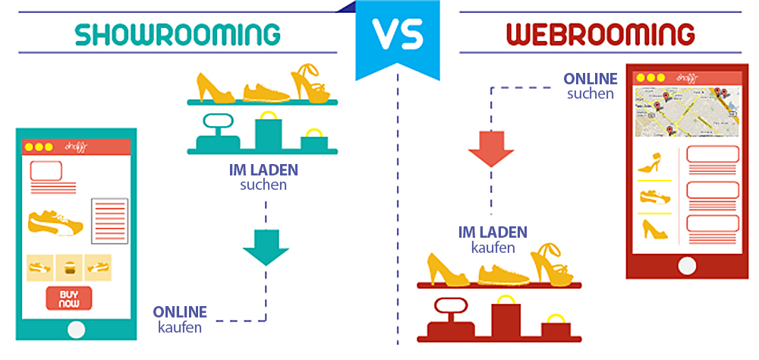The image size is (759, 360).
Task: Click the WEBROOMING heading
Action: [x=600, y=34]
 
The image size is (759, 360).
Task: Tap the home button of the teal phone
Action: [x=76, y=329]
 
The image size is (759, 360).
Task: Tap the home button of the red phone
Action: [x=686, y=265]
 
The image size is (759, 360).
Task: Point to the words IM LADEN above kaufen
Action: [x=492, y=232]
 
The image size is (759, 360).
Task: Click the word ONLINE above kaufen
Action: [x=180, y=312]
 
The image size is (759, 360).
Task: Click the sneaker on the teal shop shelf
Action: [x=266, y=90]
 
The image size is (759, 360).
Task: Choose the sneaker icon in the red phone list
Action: [x=654, y=196]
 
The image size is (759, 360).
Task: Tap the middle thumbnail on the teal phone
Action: [x=69, y=267]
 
